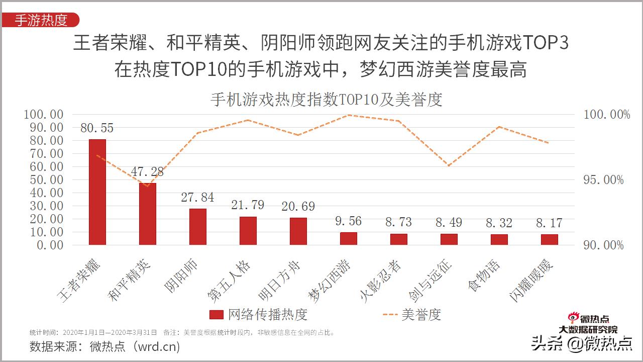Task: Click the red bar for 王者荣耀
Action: point(97,192)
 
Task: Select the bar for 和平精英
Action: point(148,214)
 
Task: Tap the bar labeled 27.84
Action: point(198,227)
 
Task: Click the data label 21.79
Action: point(248,205)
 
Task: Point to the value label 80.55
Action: point(97,128)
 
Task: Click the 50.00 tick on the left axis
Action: point(43,179)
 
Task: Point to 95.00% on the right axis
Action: point(603,180)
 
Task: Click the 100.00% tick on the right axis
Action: point(606,115)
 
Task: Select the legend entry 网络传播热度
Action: point(259,315)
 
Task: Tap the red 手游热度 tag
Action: point(41,20)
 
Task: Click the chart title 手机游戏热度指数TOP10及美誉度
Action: point(326,100)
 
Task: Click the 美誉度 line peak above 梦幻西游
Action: point(349,115)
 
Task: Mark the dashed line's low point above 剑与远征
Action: point(449,165)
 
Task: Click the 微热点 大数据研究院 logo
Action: point(588,324)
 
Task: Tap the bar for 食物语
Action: point(499,239)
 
